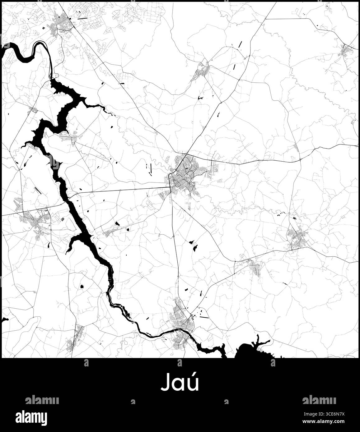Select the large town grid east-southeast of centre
[297, 238]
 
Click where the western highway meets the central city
[170, 187]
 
